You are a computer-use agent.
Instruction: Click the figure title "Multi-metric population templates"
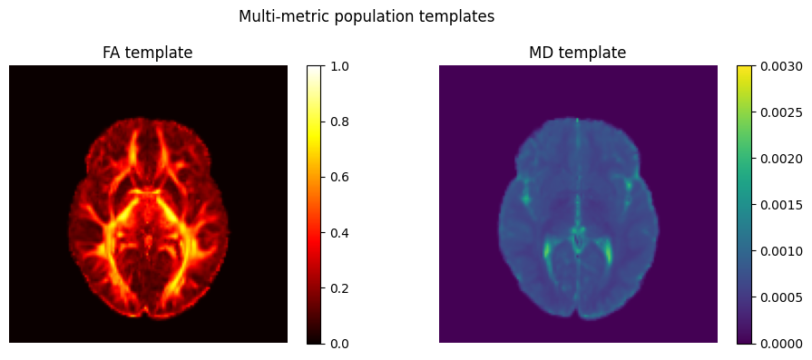tap(367, 16)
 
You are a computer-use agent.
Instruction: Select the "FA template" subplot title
tap(148, 53)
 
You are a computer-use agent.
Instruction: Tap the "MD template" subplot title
tap(577, 53)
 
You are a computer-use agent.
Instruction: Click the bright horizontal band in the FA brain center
tap(145, 191)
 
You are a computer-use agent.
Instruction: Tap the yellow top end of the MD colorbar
tap(744, 69)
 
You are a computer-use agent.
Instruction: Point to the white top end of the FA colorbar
tap(314, 69)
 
